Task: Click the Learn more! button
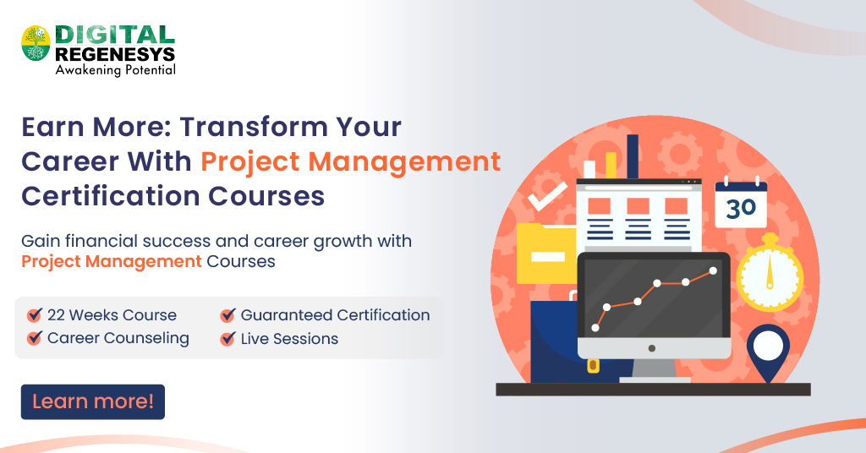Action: (93, 402)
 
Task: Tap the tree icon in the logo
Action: (36, 43)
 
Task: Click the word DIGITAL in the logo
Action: (115, 35)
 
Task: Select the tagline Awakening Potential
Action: (115, 70)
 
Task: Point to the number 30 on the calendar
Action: (741, 208)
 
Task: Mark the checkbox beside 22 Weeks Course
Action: (35, 315)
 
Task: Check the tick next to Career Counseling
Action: (35, 339)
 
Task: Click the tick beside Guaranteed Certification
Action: (227, 315)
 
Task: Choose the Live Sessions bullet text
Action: (289, 339)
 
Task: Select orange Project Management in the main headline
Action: (350, 161)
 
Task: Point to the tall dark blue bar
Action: (632, 156)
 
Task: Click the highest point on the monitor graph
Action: (713, 270)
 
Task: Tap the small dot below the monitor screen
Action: (651, 347)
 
